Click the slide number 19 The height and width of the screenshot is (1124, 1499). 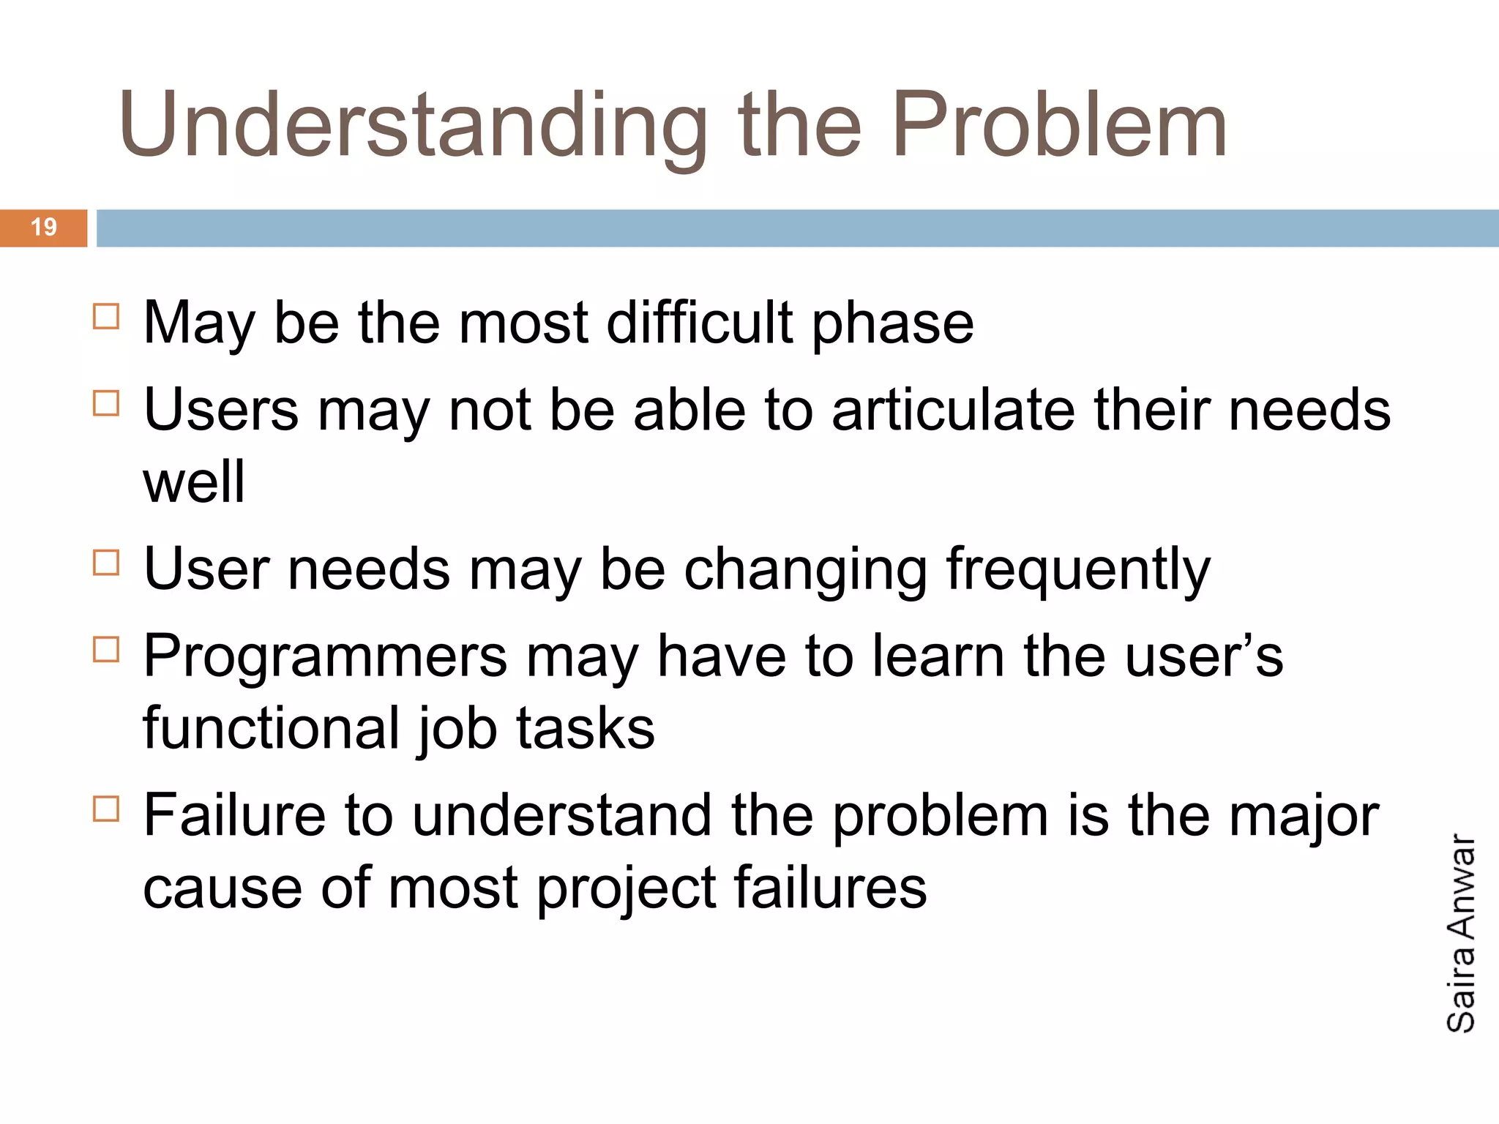click(x=44, y=228)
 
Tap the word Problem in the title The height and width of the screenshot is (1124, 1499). click(x=1058, y=124)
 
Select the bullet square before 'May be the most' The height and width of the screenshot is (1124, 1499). click(x=106, y=317)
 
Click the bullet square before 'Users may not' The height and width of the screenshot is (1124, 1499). click(x=106, y=403)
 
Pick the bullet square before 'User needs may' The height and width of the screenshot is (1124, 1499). click(x=106, y=563)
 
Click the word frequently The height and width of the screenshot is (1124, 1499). click(x=1078, y=571)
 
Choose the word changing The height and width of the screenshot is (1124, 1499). click(x=805, y=571)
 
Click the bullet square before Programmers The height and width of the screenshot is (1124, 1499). click(x=106, y=649)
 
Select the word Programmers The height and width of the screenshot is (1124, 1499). click(x=325, y=657)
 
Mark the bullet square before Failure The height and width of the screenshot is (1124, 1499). click(x=106, y=809)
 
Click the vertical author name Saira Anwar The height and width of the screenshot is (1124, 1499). click(x=1461, y=934)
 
